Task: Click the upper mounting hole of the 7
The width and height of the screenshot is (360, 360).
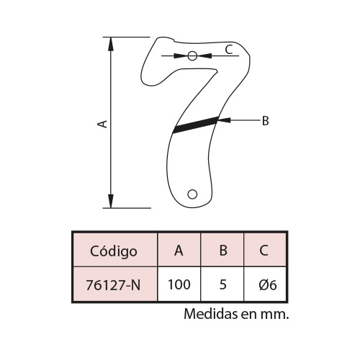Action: (192, 56)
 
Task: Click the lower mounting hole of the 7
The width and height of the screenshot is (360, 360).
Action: (192, 194)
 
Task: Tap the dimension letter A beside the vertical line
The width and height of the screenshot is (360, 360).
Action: (102, 124)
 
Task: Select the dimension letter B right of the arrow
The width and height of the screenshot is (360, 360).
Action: (265, 121)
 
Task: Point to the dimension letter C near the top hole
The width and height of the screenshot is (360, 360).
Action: (229, 50)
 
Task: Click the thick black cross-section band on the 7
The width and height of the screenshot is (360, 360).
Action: (196, 125)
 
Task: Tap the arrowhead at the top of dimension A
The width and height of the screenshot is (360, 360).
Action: (111, 44)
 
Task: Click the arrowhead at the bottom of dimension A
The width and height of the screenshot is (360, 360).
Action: (111, 201)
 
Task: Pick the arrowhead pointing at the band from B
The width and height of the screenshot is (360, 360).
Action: (224, 120)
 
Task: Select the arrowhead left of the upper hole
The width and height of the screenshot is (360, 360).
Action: (181, 56)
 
